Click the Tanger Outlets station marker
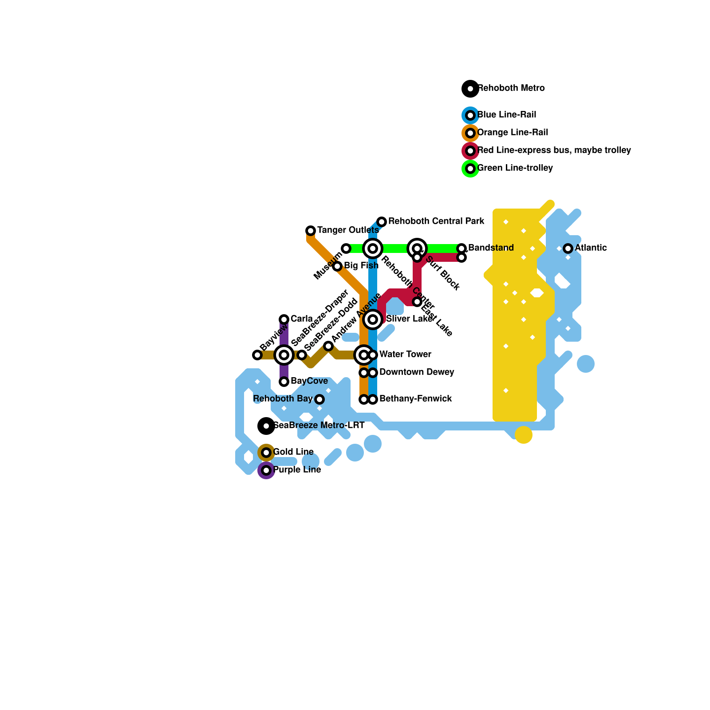pyautogui.click(x=311, y=230)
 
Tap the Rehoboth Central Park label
pyautogui.click(x=436, y=221)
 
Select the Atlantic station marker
pyautogui.click(x=568, y=248)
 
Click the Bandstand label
pyautogui.click(x=491, y=248)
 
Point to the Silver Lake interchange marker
pyautogui.click(x=373, y=319)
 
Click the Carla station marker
pyautogui.click(x=284, y=319)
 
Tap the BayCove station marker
pyautogui.click(x=284, y=382)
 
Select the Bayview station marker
pyautogui.click(x=257, y=355)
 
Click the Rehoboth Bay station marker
pyautogui.click(x=319, y=399)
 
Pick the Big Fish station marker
pyautogui.click(x=337, y=266)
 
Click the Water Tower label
pyautogui.click(x=405, y=354)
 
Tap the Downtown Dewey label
pyautogui.click(x=417, y=372)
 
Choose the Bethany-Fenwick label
pyautogui.click(x=415, y=398)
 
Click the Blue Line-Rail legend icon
pyautogui.click(x=470, y=115)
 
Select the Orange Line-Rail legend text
pyautogui.click(x=513, y=132)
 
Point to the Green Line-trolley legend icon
pyautogui.click(x=470, y=169)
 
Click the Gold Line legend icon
pyautogui.click(x=266, y=453)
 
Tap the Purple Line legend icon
pyautogui.click(x=266, y=470)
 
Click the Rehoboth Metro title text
pyautogui.click(x=511, y=88)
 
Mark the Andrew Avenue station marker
pyautogui.click(x=328, y=346)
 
